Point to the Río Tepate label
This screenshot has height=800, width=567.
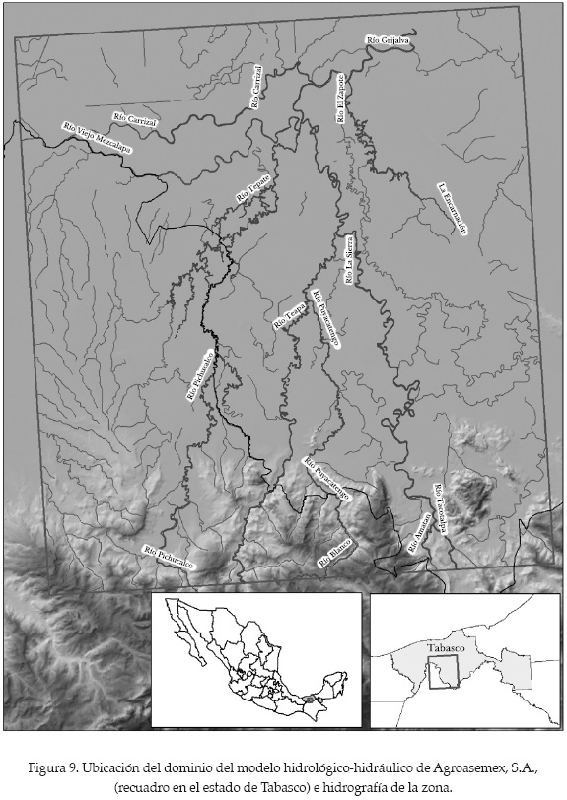(x=253, y=187)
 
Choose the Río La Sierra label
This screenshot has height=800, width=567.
(x=349, y=261)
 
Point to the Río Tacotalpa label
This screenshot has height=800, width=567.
(x=440, y=508)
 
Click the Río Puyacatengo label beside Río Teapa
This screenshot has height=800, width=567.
(x=325, y=319)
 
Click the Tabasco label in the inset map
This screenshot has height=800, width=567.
(x=449, y=649)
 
